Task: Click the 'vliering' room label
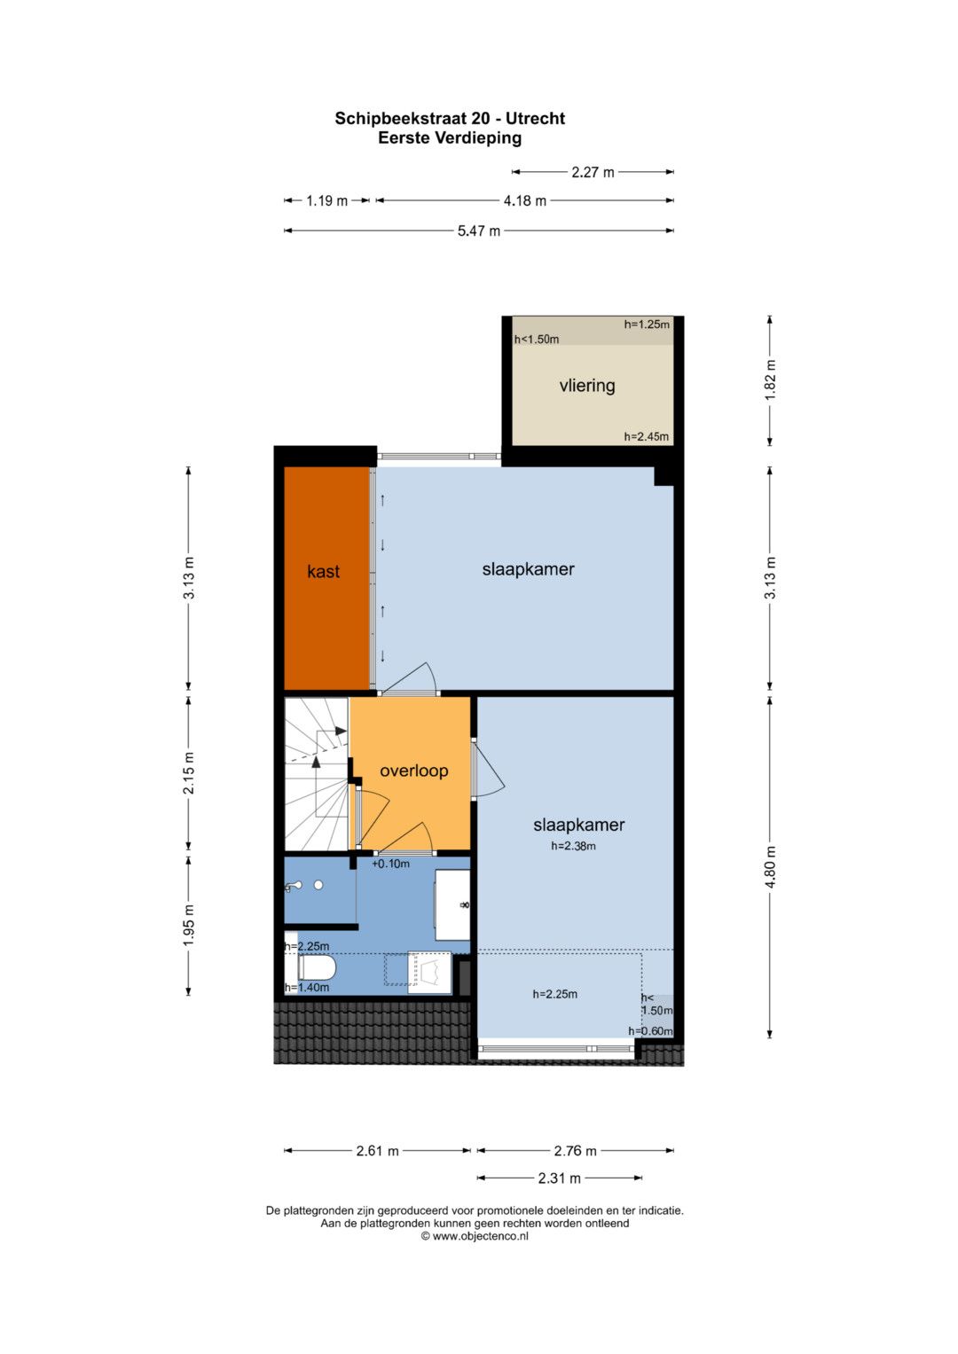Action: click(x=586, y=386)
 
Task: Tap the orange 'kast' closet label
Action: click(x=323, y=571)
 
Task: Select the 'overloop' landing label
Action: click(x=413, y=771)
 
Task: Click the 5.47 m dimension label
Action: click(x=478, y=231)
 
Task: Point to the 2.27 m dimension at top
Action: click(x=593, y=172)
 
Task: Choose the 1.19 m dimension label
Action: click(x=326, y=200)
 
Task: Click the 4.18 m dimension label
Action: click(x=524, y=200)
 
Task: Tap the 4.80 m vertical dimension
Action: click(x=770, y=866)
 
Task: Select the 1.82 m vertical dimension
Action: click(x=770, y=380)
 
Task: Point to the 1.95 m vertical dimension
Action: click(x=189, y=926)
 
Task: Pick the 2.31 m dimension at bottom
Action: click(x=559, y=1178)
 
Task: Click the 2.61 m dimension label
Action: click(x=377, y=1151)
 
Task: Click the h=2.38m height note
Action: click(x=573, y=846)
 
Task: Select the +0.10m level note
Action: click(x=390, y=864)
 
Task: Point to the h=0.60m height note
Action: click(x=650, y=1031)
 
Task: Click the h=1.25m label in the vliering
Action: click(x=647, y=325)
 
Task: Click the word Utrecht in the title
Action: click(x=535, y=119)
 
